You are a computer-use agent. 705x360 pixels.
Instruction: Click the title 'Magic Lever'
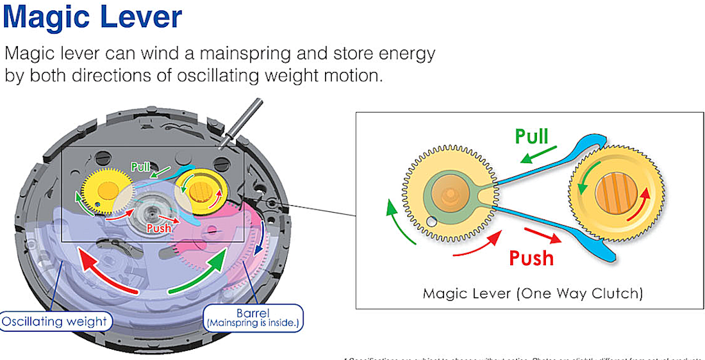(93, 19)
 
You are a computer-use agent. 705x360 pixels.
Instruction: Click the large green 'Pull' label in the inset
(532, 136)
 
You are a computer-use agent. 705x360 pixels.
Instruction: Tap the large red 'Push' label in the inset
(531, 257)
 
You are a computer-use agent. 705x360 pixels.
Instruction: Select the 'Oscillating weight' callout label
(54, 321)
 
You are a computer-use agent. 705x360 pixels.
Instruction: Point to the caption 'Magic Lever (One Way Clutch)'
(533, 294)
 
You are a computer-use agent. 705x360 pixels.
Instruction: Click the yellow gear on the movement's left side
(104, 189)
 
